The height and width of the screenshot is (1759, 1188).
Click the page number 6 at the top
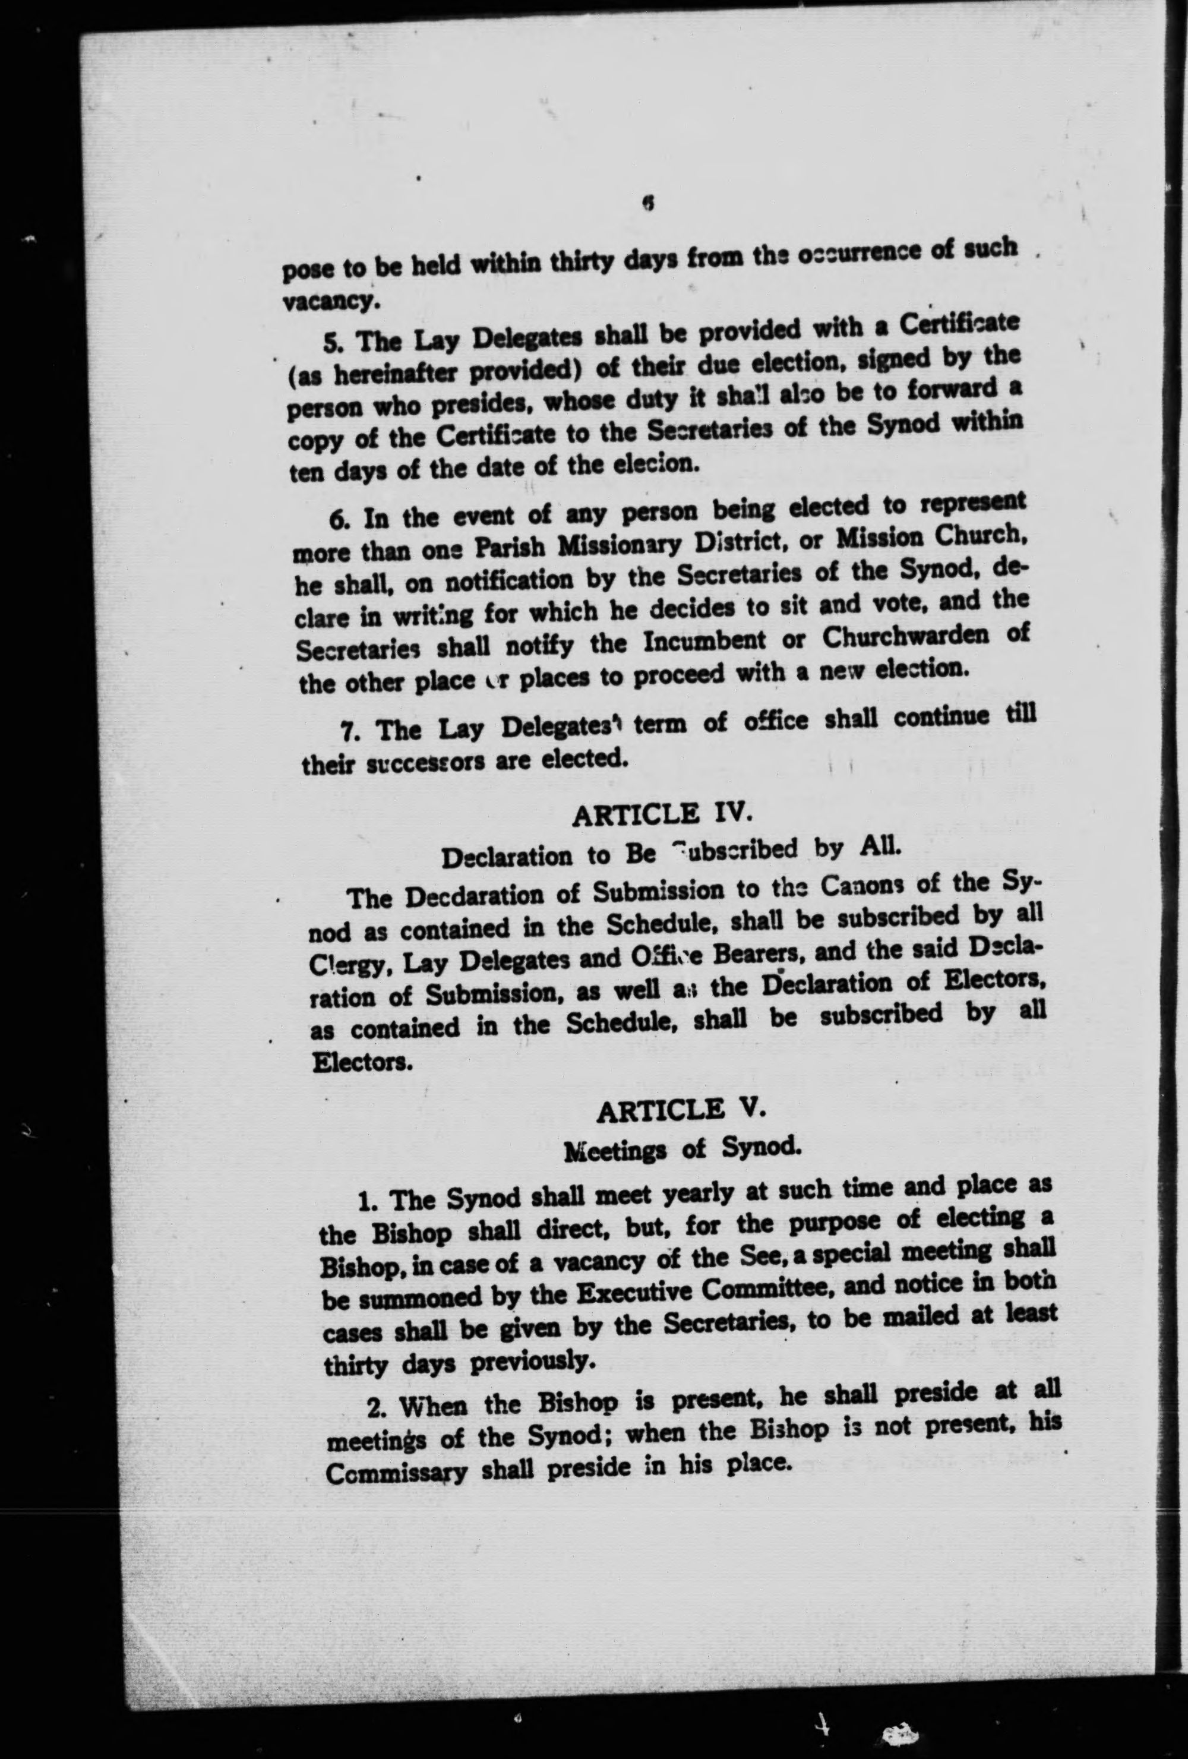click(x=647, y=203)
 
